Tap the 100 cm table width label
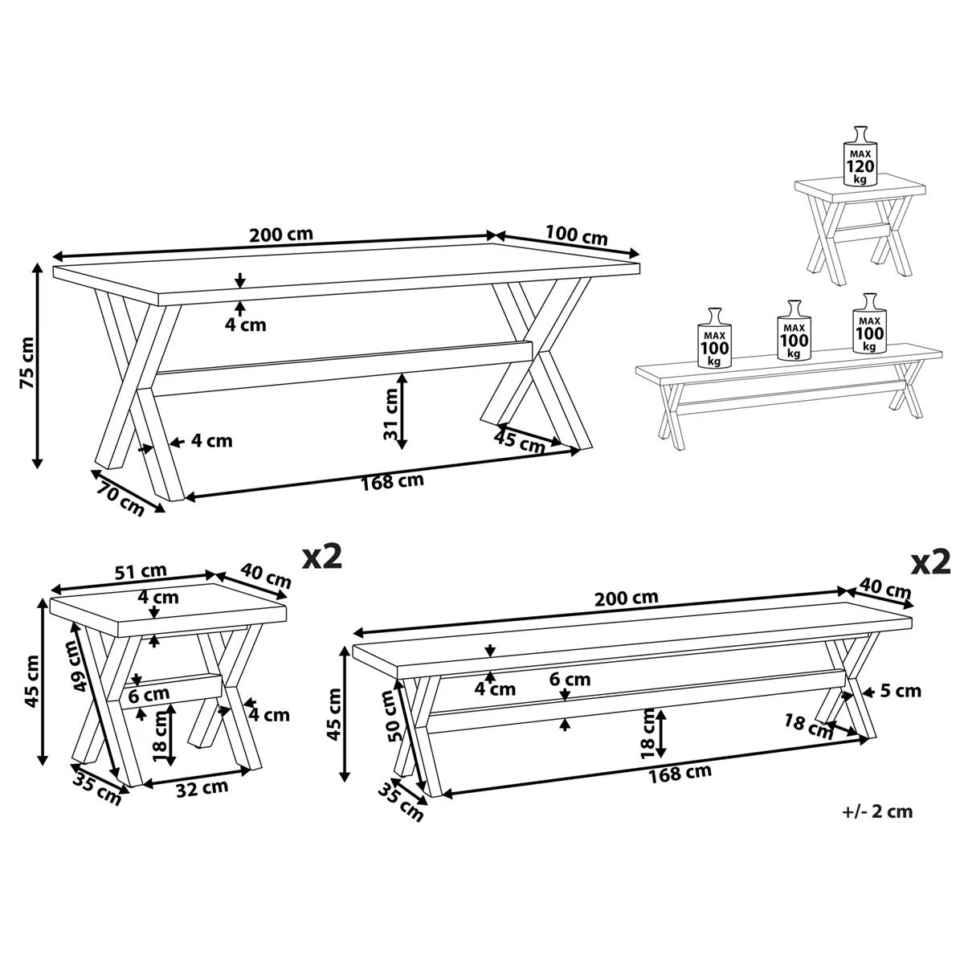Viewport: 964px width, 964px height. click(x=576, y=237)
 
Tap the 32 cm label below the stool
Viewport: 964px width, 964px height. click(x=202, y=787)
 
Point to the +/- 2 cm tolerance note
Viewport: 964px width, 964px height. click(x=877, y=811)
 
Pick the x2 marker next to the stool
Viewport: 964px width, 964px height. click(x=321, y=557)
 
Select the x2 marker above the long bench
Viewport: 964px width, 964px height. click(x=930, y=562)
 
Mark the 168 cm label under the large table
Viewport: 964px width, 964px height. click(x=392, y=482)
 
